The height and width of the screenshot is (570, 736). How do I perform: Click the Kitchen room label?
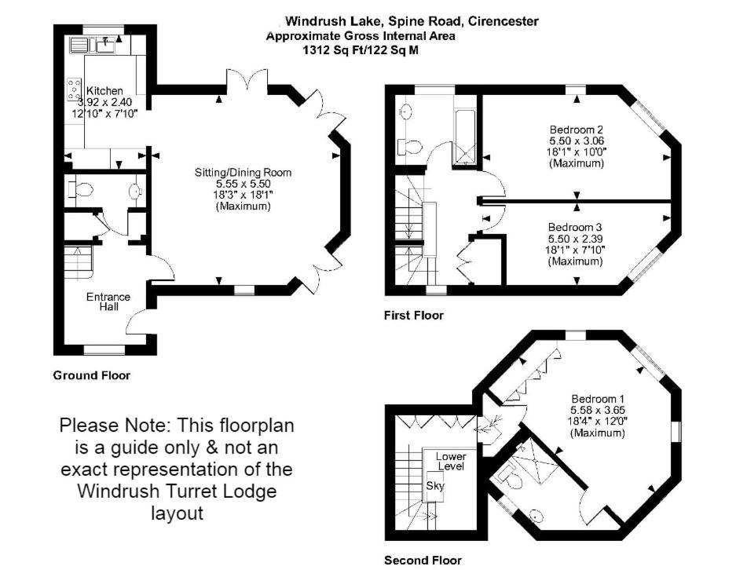pos(104,91)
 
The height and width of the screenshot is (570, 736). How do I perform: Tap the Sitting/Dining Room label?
pos(244,173)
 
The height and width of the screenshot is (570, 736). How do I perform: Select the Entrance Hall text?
pos(108,301)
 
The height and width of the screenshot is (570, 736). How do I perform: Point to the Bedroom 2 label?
pos(577,130)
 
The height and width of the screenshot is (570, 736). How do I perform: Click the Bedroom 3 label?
pos(576,228)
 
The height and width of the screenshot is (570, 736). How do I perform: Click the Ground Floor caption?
pos(92,375)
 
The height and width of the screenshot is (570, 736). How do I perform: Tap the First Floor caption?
pos(413,316)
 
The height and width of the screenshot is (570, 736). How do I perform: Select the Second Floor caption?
pos(423,560)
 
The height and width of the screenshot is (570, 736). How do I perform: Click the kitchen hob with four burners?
pos(74,89)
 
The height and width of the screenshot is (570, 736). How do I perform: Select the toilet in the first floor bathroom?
pos(408,146)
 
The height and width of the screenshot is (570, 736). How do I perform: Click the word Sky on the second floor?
pos(434,485)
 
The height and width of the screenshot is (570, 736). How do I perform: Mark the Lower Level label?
pos(451,461)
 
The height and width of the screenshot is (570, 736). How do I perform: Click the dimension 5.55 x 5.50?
pos(244,184)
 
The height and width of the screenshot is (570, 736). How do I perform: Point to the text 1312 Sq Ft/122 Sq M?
pos(361,50)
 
